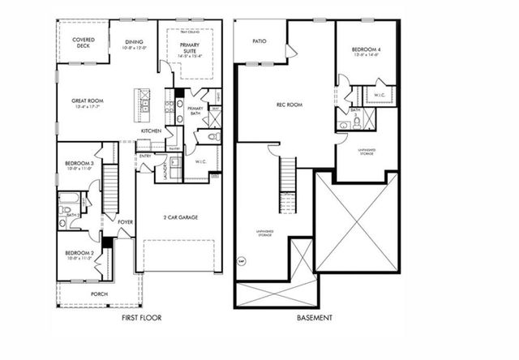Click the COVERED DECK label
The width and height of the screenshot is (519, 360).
click(83, 42)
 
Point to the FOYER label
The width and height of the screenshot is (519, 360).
click(125, 221)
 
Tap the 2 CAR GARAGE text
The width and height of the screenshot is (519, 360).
click(179, 216)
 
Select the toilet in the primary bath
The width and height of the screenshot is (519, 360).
click(212, 139)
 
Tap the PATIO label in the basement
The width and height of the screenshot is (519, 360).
click(259, 40)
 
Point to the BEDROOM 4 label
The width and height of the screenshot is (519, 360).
click(367, 52)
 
